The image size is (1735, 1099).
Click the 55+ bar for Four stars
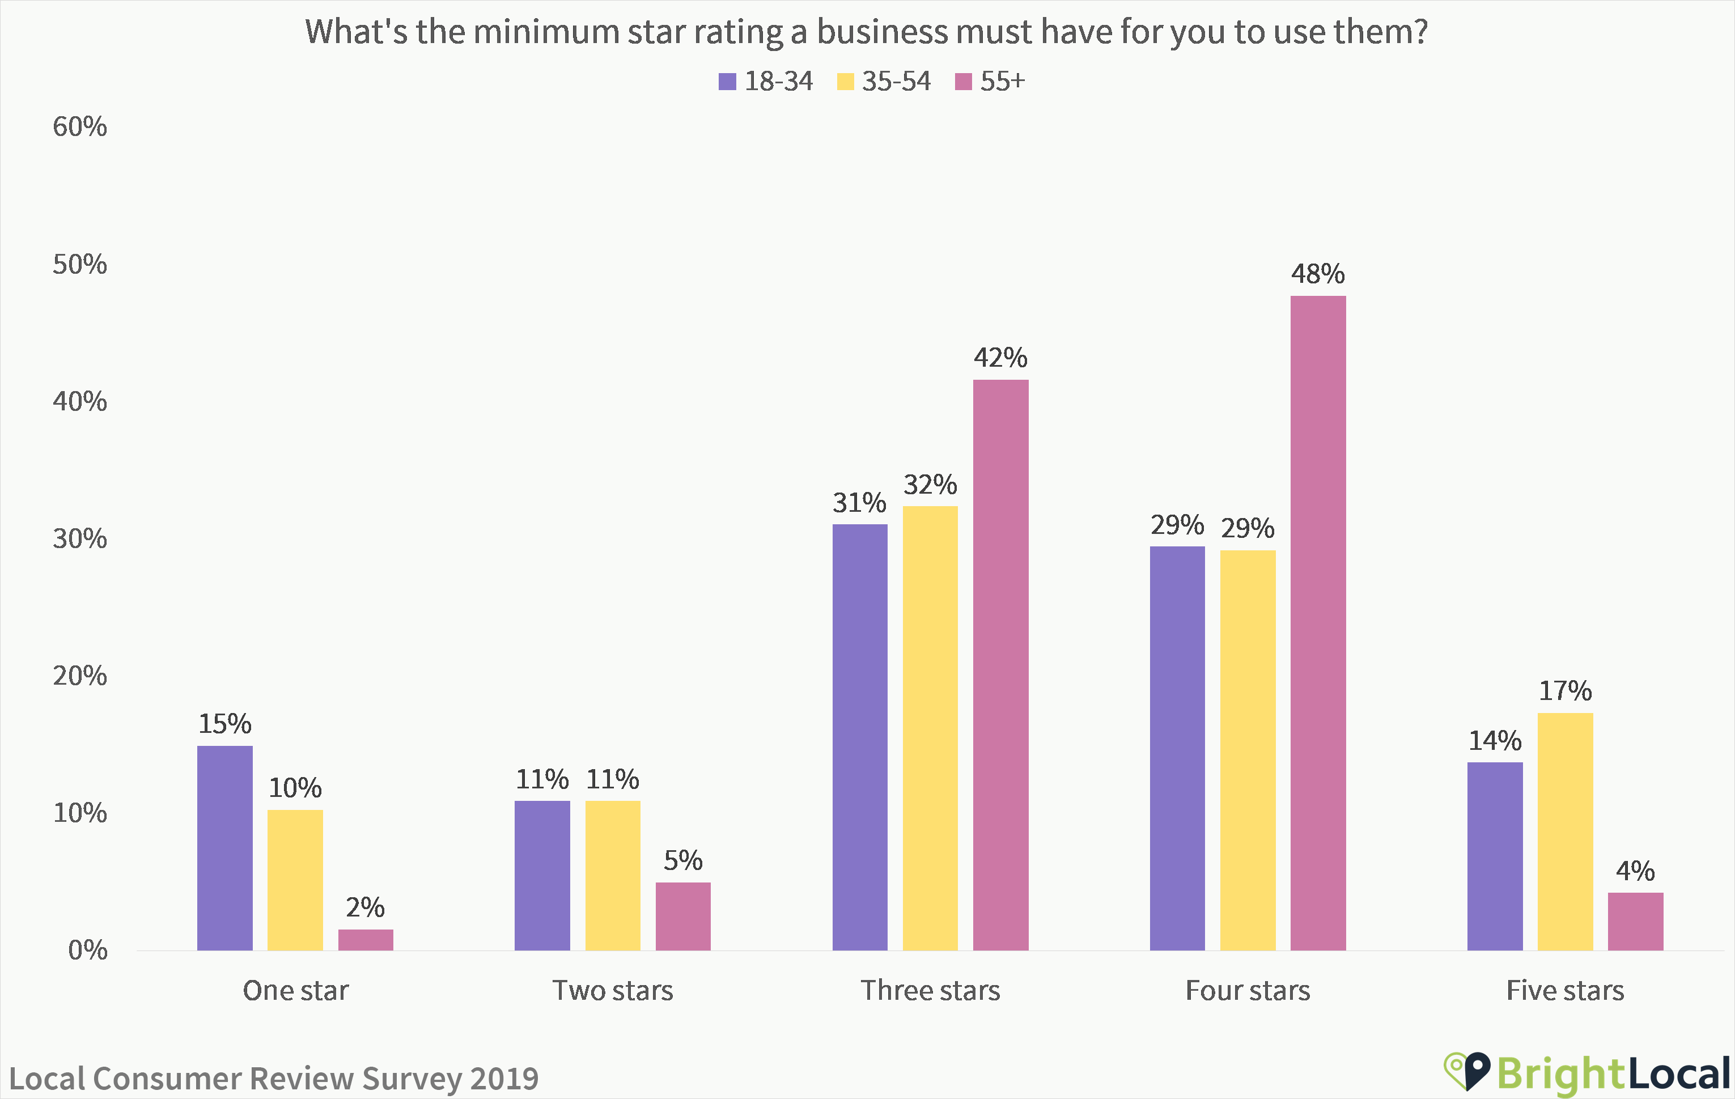click(x=1318, y=623)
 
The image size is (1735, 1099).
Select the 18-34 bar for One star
click(x=225, y=848)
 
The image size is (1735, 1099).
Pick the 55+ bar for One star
click(x=365, y=940)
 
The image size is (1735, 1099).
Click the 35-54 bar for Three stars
click(x=930, y=728)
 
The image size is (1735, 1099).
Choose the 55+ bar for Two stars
click(x=683, y=916)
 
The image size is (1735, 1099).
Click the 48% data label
click(x=1318, y=274)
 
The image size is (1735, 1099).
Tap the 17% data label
click(x=1565, y=691)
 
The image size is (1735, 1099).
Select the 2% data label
click(x=365, y=907)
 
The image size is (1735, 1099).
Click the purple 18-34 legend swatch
click(x=727, y=82)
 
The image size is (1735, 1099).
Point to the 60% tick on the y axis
click(x=79, y=127)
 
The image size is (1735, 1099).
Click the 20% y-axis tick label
click(x=79, y=676)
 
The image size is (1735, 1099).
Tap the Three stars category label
click(x=930, y=991)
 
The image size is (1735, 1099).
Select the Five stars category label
click(x=1565, y=991)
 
